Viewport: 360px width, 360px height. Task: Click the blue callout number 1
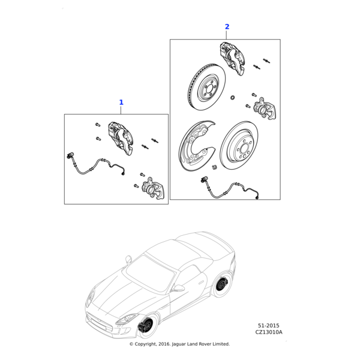(121, 103)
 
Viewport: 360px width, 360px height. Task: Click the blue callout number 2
(227, 26)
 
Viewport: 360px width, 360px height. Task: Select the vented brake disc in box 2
(206, 87)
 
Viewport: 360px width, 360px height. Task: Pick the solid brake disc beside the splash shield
(239, 145)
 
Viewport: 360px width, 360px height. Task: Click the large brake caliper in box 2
(232, 58)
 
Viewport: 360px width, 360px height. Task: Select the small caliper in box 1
(154, 188)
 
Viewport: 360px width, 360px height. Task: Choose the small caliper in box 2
(265, 109)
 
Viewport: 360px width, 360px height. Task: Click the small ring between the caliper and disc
(233, 98)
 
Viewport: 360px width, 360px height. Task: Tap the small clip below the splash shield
(215, 167)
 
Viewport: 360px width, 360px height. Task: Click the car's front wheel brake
(146, 325)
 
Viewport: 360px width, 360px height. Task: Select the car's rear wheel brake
(222, 284)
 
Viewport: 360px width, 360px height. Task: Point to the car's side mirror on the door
(179, 287)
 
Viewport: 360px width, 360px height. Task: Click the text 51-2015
(269, 326)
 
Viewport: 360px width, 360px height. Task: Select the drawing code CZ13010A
(269, 332)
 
